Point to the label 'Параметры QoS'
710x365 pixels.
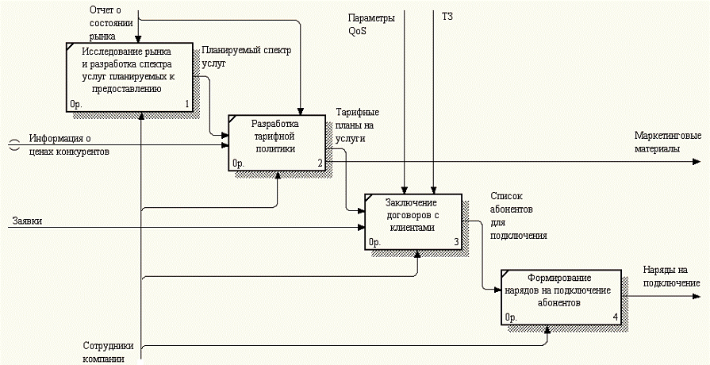(x=371, y=24)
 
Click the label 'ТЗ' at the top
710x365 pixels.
(x=447, y=16)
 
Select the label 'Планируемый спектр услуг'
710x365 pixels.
(x=247, y=56)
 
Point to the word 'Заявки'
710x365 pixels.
(x=26, y=221)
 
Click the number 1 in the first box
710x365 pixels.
(x=187, y=104)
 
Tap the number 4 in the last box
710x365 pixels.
(x=616, y=319)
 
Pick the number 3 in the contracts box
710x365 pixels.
(x=455, y=242)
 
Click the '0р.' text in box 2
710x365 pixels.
(x=238, y=164)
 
